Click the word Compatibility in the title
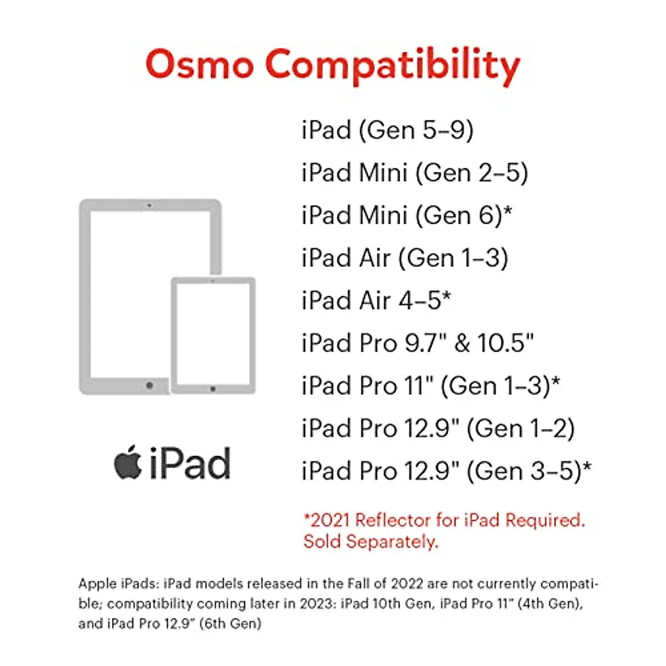tap(392, 65)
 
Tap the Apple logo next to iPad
tap(128, 462)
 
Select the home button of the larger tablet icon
tap(149, 385)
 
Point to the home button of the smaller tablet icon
tap(213, 389)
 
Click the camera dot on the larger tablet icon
tap(149, 205)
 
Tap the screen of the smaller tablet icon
tap(213, 333)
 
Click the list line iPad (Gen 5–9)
tap(387, 130)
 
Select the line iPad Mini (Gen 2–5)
tap(414, 173)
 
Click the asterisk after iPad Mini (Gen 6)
tap(507, 211)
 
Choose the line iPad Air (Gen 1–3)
tap(405, 258)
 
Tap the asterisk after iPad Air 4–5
tap(446, 296)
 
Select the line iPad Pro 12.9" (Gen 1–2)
tap(438, 428)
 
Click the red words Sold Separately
tap(371, 542)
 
